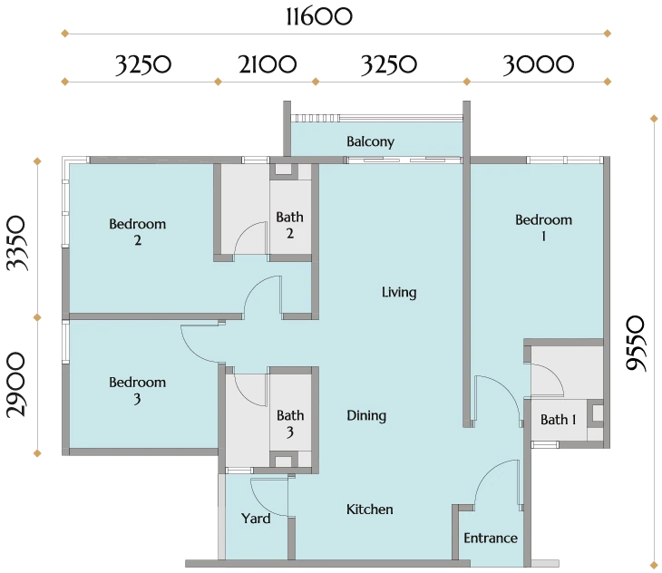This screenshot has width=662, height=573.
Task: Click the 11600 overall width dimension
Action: tap(319, 17)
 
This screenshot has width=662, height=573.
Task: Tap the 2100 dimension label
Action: tap(268, 64)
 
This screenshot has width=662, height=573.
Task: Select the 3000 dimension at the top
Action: tap(539, 64)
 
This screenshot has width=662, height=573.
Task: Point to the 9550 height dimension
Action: tap(636, 344)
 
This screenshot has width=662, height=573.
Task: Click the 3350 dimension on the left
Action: tap(17, 243)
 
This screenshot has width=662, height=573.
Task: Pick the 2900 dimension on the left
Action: tap(17, 384)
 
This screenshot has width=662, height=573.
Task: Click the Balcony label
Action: tap(370, 141)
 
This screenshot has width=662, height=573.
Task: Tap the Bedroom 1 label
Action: tap(543, 228)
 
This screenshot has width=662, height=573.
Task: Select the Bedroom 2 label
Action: tap(137, 231)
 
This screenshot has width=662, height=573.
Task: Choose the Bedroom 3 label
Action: tap(137, 390)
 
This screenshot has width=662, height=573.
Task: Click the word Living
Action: tap(399, 293)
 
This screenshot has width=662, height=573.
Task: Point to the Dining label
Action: tap(366, 416)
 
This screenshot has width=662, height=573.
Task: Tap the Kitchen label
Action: tap(370, 510)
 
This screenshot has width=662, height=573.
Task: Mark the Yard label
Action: tap(256, 518)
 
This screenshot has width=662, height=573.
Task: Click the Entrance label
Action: tap(491, 538)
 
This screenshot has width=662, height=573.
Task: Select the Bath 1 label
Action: tap(558, 420)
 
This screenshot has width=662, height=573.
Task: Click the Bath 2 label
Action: tap(289, 225)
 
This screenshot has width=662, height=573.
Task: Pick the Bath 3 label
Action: tap(290, 423)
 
